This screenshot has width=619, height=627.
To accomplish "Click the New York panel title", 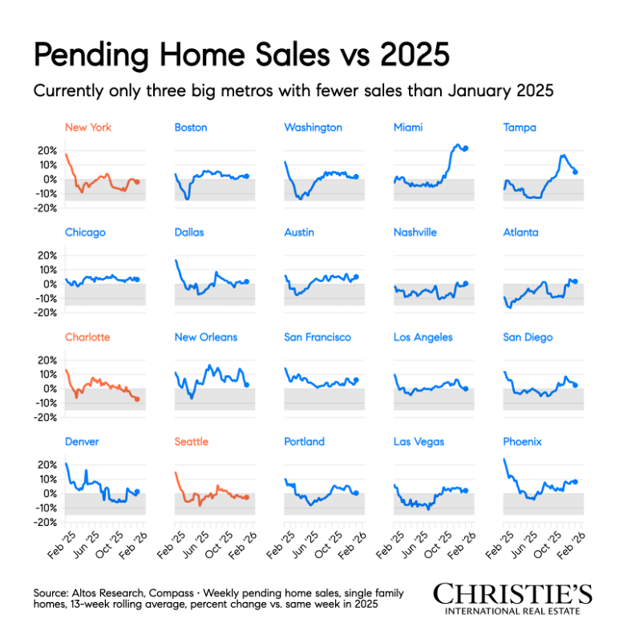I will click(87, 127).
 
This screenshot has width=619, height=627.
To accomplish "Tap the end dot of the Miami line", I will click(466, 148).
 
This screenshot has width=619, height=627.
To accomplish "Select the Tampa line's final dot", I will click(575, 172).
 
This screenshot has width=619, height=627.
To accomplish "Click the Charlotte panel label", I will click(87, 338).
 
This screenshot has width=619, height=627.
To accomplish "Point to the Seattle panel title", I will click(192, 442).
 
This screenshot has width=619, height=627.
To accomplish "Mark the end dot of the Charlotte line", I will click(137, 398).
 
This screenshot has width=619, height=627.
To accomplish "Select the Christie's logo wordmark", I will click(512, 594).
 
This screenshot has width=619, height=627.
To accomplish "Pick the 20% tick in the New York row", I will click(47, 151).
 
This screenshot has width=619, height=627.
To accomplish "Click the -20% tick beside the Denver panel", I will click(45, 523).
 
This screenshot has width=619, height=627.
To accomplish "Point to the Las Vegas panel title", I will click(419, 442).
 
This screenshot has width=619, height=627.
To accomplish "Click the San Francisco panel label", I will click(318, 338).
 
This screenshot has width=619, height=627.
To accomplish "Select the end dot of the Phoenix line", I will click(575, 482).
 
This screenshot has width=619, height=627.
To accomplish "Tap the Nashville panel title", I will click(415, 233).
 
